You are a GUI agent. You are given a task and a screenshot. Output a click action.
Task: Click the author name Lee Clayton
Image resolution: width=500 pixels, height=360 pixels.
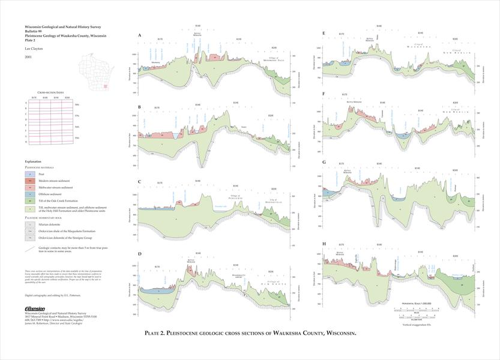pos(33,47)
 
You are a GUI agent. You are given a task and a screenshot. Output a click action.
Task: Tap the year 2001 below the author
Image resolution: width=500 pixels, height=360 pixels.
pos(29,56)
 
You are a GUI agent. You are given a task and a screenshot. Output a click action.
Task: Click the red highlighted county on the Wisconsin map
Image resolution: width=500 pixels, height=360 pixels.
pos(104,87)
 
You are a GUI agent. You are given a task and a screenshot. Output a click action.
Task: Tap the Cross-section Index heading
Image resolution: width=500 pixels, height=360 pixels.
pos(51,94)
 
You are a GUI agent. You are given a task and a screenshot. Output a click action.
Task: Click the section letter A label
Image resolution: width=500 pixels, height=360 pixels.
pos(140,35)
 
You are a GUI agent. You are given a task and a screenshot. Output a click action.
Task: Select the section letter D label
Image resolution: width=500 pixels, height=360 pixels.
pos(140,254)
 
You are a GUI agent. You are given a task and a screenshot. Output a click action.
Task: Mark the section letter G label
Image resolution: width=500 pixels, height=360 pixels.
pos(324,162)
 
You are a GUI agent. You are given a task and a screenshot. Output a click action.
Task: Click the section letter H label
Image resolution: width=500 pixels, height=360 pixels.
pos(324,244)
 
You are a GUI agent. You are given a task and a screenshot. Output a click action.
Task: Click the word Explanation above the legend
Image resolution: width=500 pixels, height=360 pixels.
pos(34,162)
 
